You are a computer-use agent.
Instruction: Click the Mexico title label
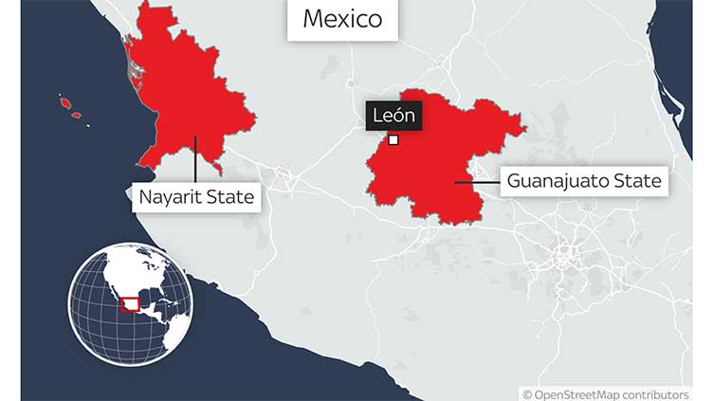tap(342, 19)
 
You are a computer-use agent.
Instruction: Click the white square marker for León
tap(393, 141)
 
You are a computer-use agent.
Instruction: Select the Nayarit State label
tap(196, 197)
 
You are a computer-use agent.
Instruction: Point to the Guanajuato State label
tap(584, 180)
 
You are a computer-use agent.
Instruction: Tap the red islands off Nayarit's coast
tap(68, 104)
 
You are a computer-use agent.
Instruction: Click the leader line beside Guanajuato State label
tap(475, 181)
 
